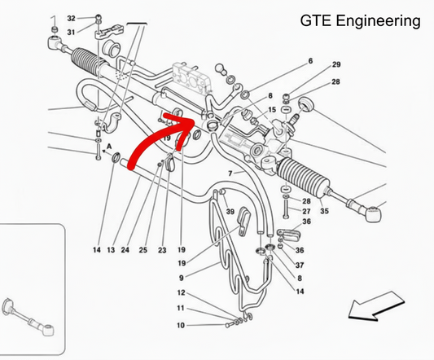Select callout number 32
pos(71,18)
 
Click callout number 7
pos(230,173)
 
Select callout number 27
pos(306,211)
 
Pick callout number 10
pos(181,326)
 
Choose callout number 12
pos(181,292)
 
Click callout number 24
pos(126,249)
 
